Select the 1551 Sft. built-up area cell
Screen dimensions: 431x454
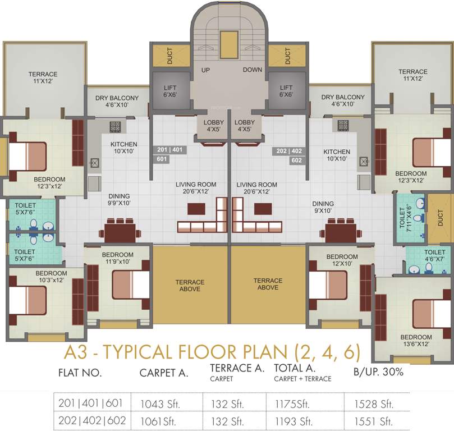[x=373, y=420]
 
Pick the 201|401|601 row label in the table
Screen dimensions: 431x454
[x=92, y=403]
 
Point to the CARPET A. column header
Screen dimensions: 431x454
[x=164, y=372]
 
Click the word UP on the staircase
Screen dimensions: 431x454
[x=206, y=70]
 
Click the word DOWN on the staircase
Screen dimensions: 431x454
[x=253, y=70]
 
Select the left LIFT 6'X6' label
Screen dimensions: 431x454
[x=170, y=91]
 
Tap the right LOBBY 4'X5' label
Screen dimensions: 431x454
[x=245, y=126]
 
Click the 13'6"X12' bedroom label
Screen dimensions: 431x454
[x=415, y=340]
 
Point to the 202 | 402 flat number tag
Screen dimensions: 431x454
[x=288, y=152]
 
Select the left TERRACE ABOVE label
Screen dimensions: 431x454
[x=190, y=285]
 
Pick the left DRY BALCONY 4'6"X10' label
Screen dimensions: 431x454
[x=117, y=100]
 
